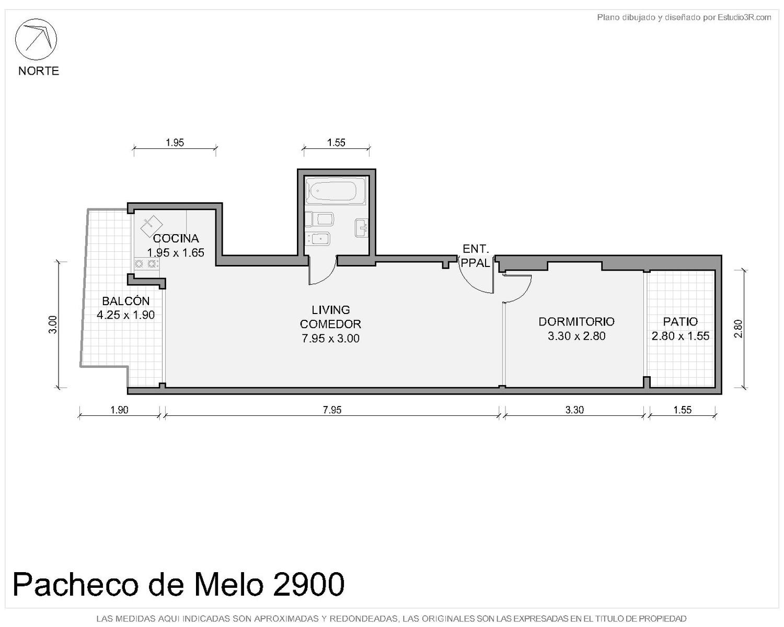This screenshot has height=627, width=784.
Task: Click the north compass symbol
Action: [36, 39]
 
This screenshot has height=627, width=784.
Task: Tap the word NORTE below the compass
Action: [39, 71]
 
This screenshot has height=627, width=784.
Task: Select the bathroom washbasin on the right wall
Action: [362, 228]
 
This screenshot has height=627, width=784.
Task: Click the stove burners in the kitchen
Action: [146, 263]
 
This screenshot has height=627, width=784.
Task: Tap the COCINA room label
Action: [176, 239]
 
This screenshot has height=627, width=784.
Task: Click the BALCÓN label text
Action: [125, 301]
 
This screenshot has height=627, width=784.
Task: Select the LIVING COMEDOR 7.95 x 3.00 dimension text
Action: [330, 338]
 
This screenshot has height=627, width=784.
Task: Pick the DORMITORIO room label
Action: [577, 321]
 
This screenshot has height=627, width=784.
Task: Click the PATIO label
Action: [680, 321]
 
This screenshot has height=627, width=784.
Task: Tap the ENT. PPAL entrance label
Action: [476, 256]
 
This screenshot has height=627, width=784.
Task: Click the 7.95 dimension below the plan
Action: [332, 410]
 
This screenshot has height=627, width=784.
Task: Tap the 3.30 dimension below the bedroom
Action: [574, 410]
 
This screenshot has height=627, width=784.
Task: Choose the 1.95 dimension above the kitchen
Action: [175, 143]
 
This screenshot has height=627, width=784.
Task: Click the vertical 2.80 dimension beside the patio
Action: [738, 329]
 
